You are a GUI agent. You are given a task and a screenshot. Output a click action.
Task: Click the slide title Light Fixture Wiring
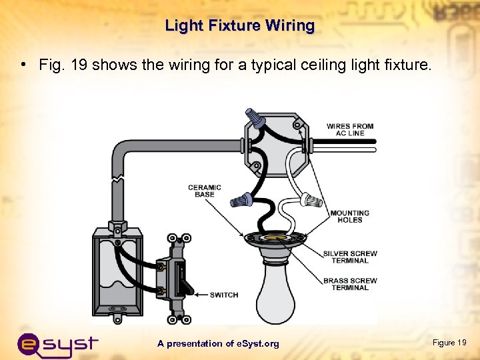pos(239,26)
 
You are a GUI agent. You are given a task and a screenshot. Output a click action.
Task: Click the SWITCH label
pos(223,295)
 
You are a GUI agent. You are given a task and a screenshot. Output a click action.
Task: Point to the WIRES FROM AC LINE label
pos(349,129)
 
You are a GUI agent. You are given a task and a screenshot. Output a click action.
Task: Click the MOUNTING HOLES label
pos(349,216)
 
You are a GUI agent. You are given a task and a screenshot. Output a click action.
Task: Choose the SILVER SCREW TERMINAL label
pos(350,257)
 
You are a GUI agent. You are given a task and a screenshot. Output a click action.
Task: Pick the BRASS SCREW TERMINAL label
pos(350,284)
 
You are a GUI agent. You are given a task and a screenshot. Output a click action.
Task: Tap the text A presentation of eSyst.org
pos(218,343)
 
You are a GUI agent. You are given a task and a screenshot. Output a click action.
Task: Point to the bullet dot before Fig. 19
pos(23,65)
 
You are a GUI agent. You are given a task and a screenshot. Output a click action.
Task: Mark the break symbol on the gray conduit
pos(118,180)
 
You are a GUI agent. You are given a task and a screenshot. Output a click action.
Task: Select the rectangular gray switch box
pos(117,270)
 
